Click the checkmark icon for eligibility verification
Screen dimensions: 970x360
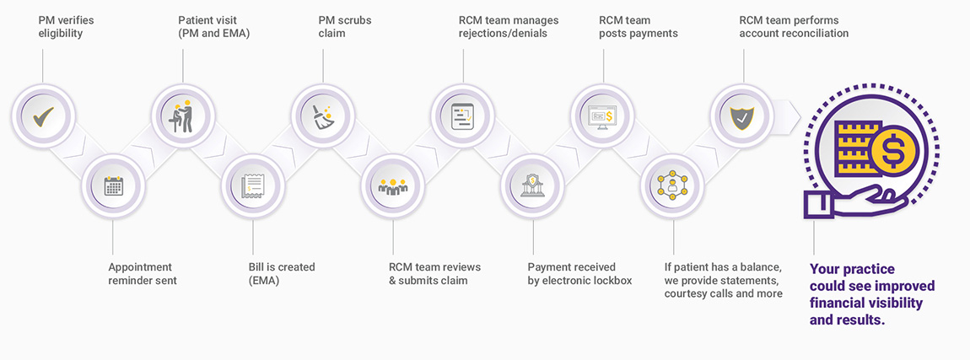pyautogui.click(x=43, y=116)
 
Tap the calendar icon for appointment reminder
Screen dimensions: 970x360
pyautogui.click(x=113, y=185)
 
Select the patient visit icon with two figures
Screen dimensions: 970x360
pyautogui.click(x=183, y=116)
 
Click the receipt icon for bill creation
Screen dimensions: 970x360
pyautogui.click(x=253, y=185)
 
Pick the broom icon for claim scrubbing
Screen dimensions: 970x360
pyautogui.click(x=323, y=116)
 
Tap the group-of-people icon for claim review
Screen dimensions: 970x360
pyautogui.click(x=393, y=186)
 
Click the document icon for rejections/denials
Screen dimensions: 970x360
pyautogui.click(x=463, y=116)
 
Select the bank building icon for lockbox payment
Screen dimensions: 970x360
pyautogui.click(x=532, y=185)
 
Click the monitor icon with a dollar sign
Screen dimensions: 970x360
pyautogui.click(x=602, y=116)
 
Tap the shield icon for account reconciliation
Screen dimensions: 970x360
pyautogui.click(x=742, y=116)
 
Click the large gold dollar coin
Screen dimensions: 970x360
pyautogui.click(x=891, y=152)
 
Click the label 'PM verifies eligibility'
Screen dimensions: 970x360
pyautogui.click(x=66, y=26)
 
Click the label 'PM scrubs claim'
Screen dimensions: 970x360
pyautogui.click(x=345, y=26)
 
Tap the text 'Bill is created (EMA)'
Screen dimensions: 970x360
pyautogui.click(x=282, y=273)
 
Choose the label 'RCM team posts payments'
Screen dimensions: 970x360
pyautogui.click(x=638, y=26)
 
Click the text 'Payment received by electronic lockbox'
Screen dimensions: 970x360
pyautogui.click(x=579, y=273)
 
